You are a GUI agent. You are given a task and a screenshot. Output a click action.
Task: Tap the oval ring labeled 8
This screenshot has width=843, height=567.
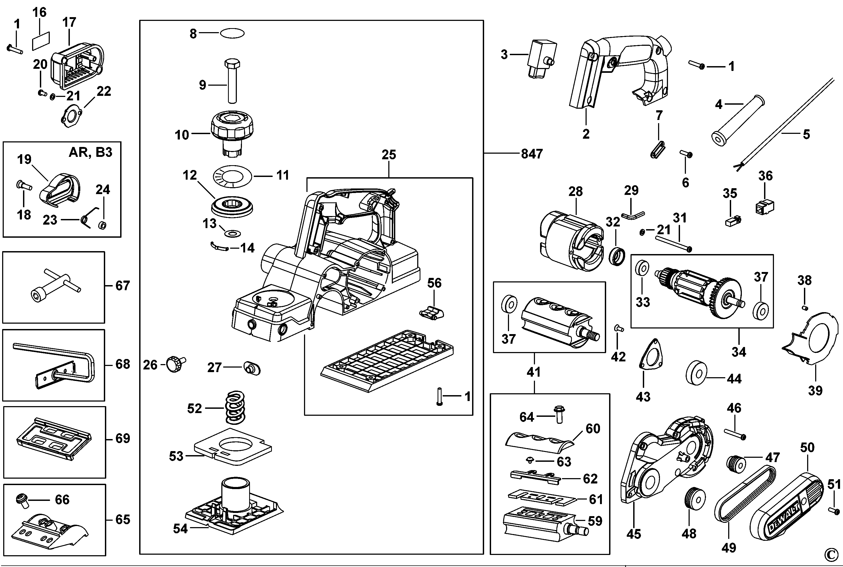[x=232, y=33]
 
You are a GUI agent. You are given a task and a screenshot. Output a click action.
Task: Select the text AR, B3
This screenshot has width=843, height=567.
[x=90, y=153]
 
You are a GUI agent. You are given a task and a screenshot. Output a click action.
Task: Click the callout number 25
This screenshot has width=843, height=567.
[x=389, y=155]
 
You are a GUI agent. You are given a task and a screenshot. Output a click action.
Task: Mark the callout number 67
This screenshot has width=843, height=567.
[x=122, y=286]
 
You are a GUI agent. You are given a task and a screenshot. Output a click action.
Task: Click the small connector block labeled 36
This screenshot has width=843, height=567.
[x=764, y=206]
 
